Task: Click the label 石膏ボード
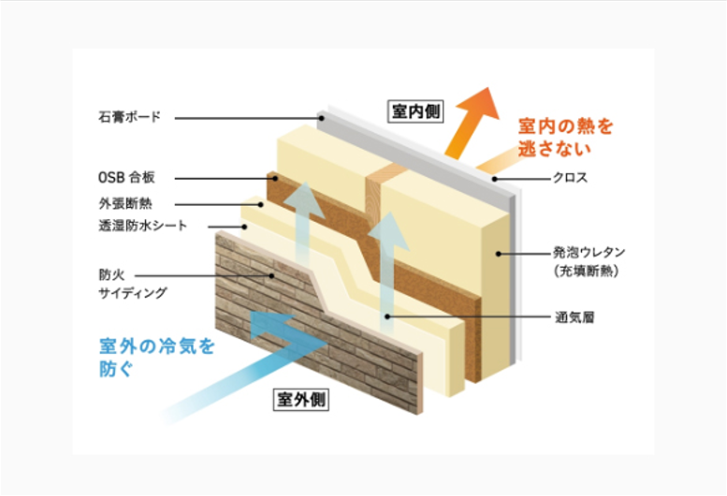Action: pyautogui.click(x=129, y=118)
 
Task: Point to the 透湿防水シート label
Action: pyautogui.click(x=142, y=226)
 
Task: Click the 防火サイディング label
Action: pyautogui.click(x=131, y=284)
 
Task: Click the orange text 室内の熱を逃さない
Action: pyautogui.click(x=565, y=137)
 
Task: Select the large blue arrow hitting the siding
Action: pyautogui.click(x=234, y=360)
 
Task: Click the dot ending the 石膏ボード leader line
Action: pyautogui.click(x=321, y=119)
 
